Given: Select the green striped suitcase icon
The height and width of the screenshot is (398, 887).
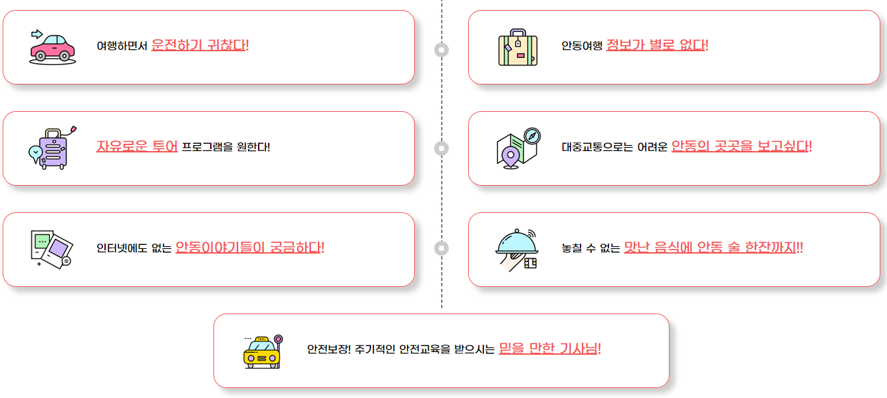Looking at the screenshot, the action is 518,47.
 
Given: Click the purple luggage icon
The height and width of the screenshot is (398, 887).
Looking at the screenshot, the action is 52,148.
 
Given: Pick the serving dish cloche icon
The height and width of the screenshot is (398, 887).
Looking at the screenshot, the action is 517,248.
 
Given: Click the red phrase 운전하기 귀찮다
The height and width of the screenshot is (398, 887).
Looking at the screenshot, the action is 199,45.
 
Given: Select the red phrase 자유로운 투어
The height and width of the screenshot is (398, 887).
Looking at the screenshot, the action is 137,146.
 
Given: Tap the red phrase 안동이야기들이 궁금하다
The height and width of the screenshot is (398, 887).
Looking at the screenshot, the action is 249,248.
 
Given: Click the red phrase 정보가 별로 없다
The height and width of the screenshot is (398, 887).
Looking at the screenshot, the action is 656,45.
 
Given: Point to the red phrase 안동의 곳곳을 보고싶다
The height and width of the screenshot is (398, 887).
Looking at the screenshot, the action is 741,146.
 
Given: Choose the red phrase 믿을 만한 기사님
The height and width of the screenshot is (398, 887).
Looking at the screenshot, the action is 549,348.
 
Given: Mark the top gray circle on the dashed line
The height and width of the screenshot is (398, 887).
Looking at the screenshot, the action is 442,50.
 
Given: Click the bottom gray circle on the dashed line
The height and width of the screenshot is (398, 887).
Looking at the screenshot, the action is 442,248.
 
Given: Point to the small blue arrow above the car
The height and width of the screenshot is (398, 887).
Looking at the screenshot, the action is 37,33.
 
